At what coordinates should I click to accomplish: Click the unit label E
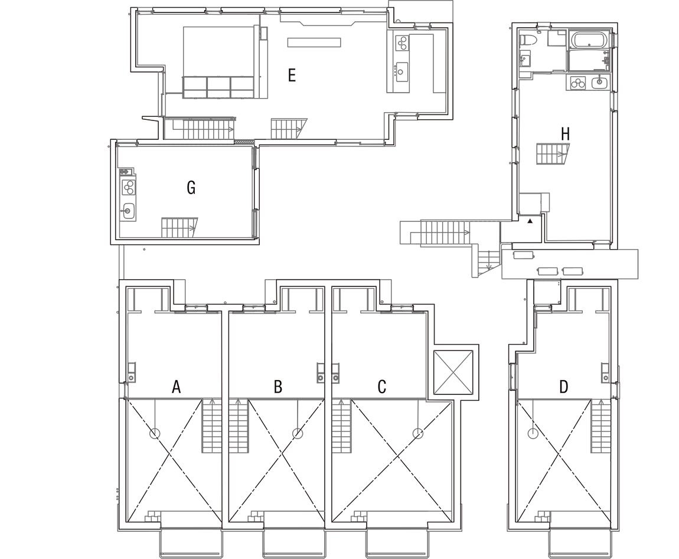pyautogui.click(x=292, y=76)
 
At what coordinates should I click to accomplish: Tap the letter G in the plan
pyautogui.click(x=191, y=188)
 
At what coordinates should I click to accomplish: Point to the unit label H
pyautogui.click(x=565, y=134)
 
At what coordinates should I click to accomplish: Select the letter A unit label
pyautogui.click(x=176, y=387)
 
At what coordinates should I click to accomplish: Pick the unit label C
pyautogui.click(x=381, y=387)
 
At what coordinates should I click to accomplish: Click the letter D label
pyautogui.click(x=563, y=387)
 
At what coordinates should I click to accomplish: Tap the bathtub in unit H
pyautogui.click(x=589, y=40)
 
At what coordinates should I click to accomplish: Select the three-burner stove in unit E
pyautogui.click(x=402, y=43)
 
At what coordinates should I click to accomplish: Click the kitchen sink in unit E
pyautogui.click(x=401, y=69)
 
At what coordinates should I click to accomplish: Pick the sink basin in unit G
pyautogui.click(x=128, y=211)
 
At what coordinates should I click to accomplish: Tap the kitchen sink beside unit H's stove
pyautogui.click(x=600, y=82)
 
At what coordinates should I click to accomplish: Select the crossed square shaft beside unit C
pyautogui.click(x=453, y=372)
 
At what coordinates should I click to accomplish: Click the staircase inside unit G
pyautogui.click(x=179, y=227)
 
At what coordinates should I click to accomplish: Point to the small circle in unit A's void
pyautogui.click(x=155, y=433)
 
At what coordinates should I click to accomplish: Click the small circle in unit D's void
pyautogui.click(x=533, y=433)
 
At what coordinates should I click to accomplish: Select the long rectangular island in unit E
pyautogui.click(x=314, y=42)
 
